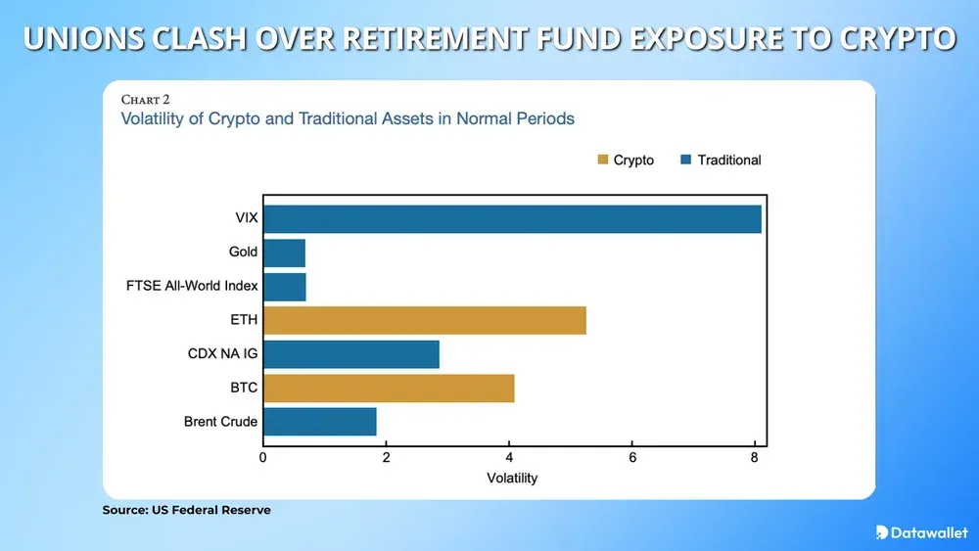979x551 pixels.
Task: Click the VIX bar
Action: point(512,219)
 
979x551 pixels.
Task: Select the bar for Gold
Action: point(284,253)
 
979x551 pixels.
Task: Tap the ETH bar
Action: point(424,320)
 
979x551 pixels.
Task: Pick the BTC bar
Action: point(389,388)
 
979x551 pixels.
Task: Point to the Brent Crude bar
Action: point(320,422)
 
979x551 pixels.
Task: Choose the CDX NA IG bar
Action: point(350,354)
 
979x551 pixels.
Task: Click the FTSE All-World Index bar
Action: point(285,287)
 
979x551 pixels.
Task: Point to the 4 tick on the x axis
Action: point(509,457)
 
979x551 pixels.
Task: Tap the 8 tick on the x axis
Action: point(755,457)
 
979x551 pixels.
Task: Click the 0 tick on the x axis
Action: point(263,457)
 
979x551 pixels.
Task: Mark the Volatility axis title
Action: point(512,479)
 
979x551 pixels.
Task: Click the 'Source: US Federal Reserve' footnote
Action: point(186,510)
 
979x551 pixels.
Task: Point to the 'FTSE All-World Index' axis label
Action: point(192,286)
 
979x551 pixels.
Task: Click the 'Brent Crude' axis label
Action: point(220,422)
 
